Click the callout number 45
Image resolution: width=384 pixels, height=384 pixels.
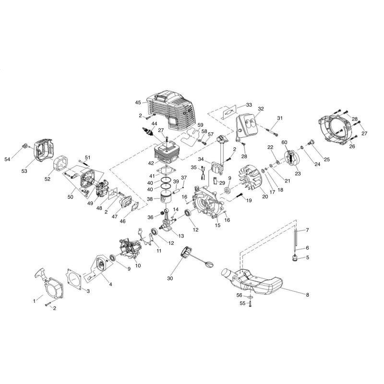(138, 102)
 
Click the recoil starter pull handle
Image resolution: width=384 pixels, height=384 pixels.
(39, 275)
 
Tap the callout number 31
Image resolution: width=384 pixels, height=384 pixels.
(280, 118)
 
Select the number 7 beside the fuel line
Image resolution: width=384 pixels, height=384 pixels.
(308, 230)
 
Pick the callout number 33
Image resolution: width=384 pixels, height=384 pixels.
(249, 104)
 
